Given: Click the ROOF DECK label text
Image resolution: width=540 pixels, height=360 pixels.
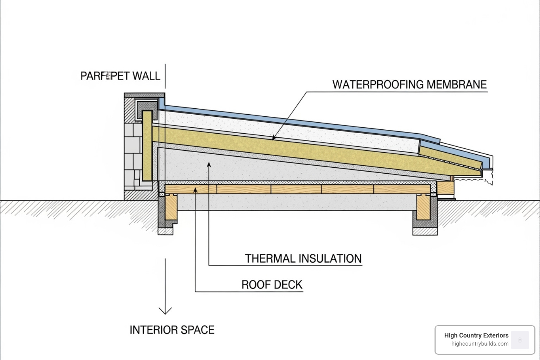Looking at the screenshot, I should point(272,284).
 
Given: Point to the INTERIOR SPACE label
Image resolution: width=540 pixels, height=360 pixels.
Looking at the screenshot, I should point(172,330).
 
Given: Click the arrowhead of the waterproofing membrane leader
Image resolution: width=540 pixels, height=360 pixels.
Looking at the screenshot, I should point(274,139).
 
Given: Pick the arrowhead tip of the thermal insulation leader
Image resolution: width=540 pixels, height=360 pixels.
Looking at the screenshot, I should point(209,164).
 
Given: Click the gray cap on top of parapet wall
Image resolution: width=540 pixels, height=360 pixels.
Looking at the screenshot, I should point(144,95).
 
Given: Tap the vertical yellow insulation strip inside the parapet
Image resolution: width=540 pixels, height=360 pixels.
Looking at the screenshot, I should point(147,146).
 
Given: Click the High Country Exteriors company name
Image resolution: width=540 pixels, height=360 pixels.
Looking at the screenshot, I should point(476,335).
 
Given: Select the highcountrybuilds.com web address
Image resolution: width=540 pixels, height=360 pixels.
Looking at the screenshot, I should point(480,344).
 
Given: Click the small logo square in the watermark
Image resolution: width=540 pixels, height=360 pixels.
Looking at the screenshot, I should point(520,340).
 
